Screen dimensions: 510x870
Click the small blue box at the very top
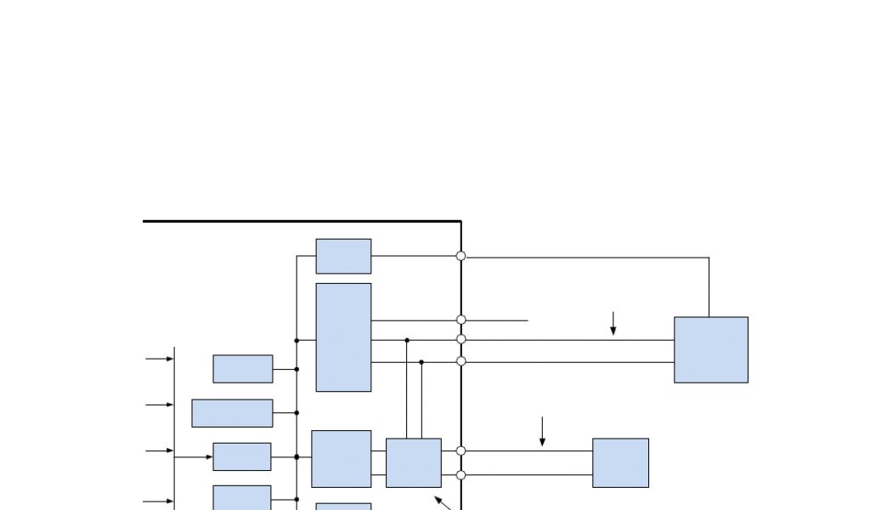point(343,256)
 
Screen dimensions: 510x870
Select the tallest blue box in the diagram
point(343,337)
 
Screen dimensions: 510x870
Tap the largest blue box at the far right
point(711,349)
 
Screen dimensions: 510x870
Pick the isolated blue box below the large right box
point(620,462)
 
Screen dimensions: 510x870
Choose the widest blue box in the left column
point(232,413)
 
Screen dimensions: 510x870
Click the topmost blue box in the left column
point(243,369)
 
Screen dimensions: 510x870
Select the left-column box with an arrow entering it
point(242,456)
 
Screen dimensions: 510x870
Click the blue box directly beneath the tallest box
point(342,458)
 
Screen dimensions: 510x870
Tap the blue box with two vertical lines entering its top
point(414,462)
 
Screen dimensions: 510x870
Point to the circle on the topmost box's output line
point(461,256)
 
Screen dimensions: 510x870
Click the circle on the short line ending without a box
point(461,320)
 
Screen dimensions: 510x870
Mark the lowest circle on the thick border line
point(461,475)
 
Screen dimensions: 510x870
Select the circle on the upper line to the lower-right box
point(461,451)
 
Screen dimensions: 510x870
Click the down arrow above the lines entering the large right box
point(613,324)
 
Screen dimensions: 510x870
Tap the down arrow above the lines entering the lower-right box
point(543,432)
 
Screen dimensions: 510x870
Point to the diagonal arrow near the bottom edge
point(442,502)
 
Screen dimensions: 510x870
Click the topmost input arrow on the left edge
point(160,359)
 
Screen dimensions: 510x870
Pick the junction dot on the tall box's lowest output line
point(421,362)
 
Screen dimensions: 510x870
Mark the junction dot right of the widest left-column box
point(297,413)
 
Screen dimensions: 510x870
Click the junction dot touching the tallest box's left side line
point(297,341)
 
